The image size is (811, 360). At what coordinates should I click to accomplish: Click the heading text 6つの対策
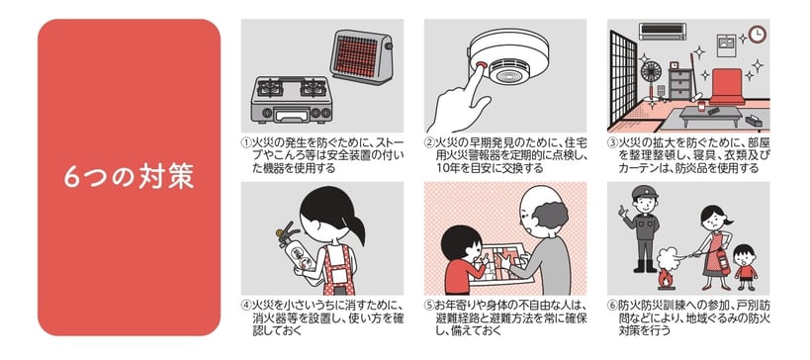click(x=129, y=177)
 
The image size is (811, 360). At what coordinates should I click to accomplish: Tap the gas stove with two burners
click(x=292, y=100)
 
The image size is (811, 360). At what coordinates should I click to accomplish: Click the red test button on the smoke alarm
click(x=480, y=66)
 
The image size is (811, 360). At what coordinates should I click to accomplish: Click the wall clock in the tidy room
click(x=758, y=35)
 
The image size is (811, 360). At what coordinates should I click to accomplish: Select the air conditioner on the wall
click(x=663, y=31)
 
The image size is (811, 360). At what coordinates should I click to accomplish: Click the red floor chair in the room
click(x=727, y=87)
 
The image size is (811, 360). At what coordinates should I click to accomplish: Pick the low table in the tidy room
click(x=704, y=115)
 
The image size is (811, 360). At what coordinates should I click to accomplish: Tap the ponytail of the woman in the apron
click(x=356, y=227)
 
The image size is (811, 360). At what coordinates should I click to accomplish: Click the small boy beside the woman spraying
click(x=745, y=267)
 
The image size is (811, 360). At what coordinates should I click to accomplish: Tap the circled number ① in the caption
click(x=246, y=142)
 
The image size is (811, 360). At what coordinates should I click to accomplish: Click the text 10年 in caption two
click(x=446, y=168)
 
